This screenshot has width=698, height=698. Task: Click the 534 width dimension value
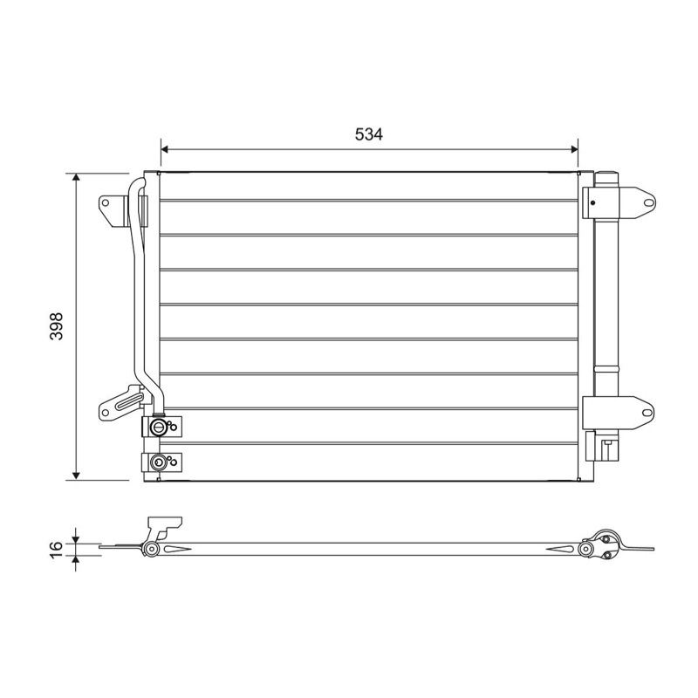coord(368,133)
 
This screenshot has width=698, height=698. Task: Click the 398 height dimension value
coord(57,326)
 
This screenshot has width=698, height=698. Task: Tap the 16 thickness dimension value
coord(57,551)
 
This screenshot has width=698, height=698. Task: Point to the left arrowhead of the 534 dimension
coord(164,149)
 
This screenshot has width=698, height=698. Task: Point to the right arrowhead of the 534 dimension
coord(574,149)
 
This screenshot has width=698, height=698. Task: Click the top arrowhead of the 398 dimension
coord(77,177)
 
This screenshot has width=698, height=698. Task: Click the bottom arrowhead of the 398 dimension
coord(77,476)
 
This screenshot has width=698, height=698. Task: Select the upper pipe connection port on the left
coord(158,428)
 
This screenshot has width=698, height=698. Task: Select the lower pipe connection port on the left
coord(157,462)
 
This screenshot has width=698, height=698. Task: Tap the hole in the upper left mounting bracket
coord(106,203)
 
